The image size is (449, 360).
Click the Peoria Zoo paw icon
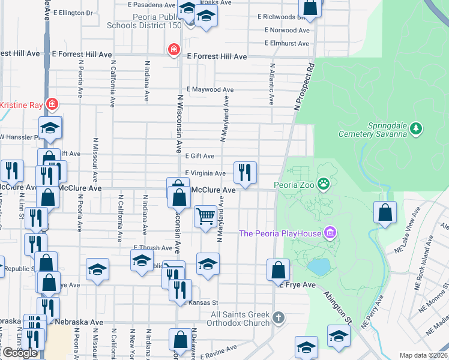click(324, 183)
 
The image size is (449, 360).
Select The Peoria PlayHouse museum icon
click(329, 232)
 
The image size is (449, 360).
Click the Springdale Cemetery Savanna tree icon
click(416, 128)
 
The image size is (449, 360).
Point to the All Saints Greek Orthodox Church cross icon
click(277, 316)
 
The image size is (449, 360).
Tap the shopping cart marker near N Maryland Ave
click(205, 216)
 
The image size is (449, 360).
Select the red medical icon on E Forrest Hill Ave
click(174, 49)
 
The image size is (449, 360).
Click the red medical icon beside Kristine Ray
click(52, 104)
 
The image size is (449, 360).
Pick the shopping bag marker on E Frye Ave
click(279, 270)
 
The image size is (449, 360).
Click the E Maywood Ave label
click(209, 89)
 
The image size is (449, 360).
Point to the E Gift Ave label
click(199, 156)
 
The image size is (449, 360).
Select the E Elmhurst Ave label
click(288, 43)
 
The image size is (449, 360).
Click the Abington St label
click(338, 307)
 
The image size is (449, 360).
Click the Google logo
click(20, 353)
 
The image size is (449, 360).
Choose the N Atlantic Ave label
click(272, 85)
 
